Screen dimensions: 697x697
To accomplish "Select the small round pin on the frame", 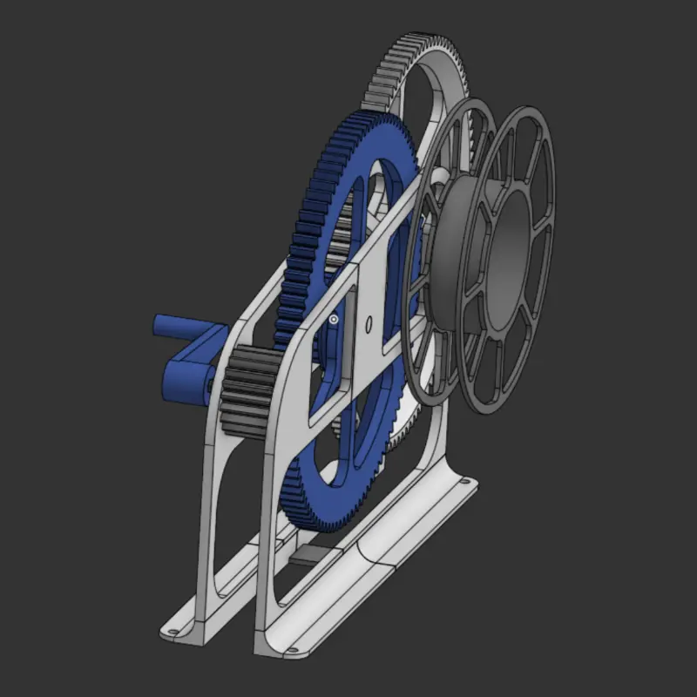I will [x=334, y=321].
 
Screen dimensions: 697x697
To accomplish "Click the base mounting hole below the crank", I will [x=172, y=627].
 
